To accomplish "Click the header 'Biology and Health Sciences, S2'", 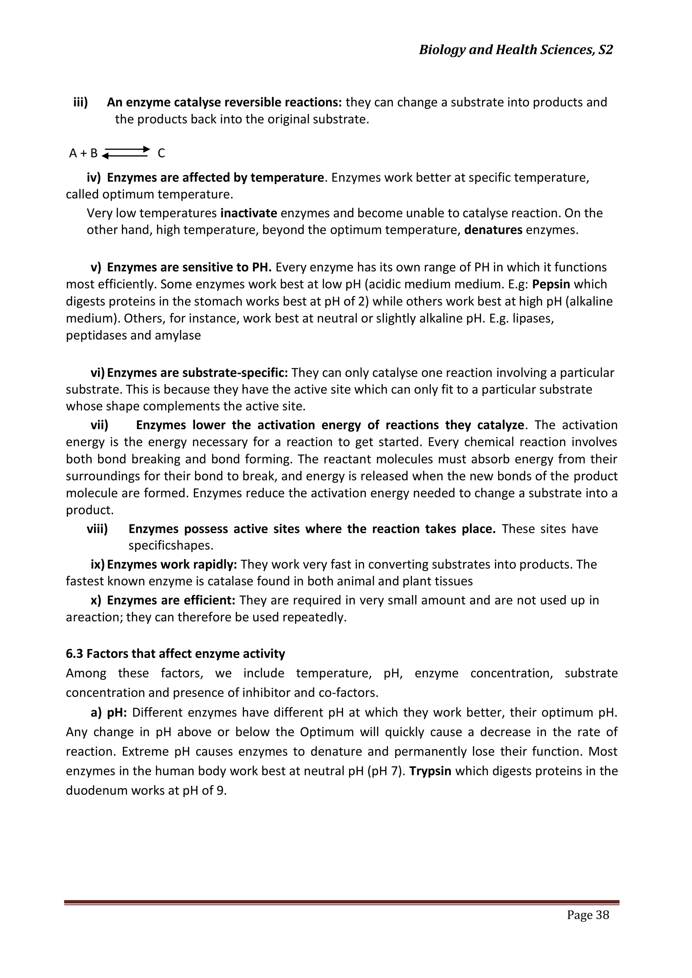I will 516,50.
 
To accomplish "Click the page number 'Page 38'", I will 588,926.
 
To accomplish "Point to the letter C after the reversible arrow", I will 161,153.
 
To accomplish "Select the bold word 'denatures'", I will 493,230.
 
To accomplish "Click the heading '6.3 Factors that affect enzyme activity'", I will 176,653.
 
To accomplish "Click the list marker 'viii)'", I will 97,529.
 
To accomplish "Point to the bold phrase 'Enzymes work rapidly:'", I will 172,565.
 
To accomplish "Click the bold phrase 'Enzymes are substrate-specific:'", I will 197,373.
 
